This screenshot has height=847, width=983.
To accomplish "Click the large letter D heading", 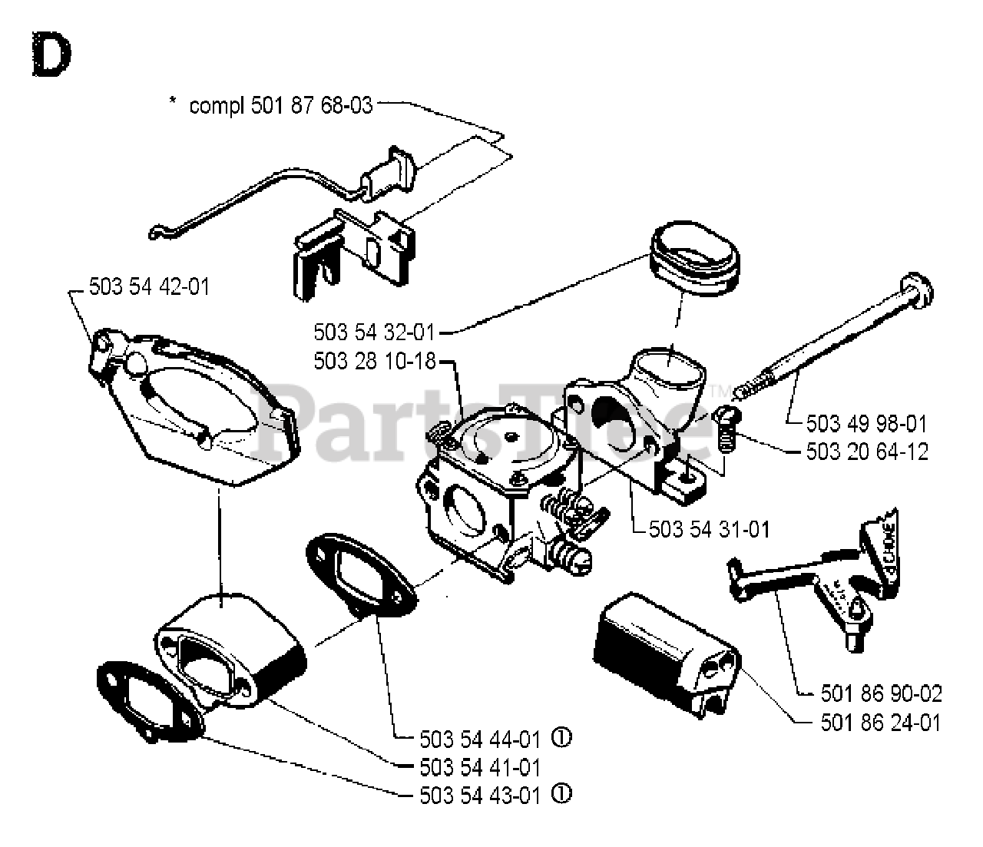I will click(x=51, y=56).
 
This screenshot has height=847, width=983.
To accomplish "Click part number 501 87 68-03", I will click(x=311, y=105).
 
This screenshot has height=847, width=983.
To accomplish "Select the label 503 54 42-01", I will click(x=149, y=286).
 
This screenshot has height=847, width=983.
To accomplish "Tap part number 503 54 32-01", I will click(x=374, y=333).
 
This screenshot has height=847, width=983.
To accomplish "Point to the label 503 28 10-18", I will click(x=374, y=360).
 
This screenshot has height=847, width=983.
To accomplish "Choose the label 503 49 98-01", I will click(x=866, y=423).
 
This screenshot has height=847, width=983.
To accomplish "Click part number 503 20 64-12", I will click(x=866, y=451).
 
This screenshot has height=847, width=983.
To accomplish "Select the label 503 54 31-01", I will click(x=709, y=529).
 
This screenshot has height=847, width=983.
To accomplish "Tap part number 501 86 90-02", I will click(x=881, y=693).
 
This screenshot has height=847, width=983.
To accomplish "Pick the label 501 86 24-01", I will click(x=881, y=722).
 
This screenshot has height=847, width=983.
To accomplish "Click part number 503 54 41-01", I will click(x=481, y=766).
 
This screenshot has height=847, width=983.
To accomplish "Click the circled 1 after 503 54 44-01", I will click(x=562, y=739).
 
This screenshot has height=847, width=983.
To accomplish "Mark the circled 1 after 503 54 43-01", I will click(x=562, y=794).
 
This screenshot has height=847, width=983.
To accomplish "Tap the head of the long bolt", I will click(x=917, y=289).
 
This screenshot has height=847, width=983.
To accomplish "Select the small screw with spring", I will click(x=726, y=430).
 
